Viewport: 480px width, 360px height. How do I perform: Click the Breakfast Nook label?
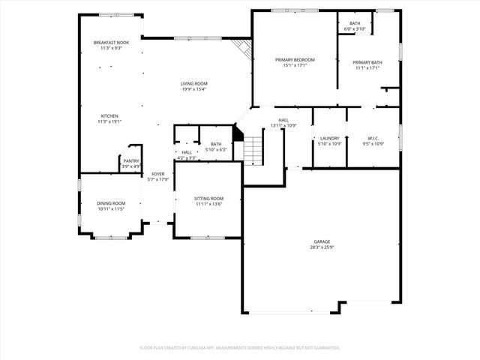[x=111, y=43]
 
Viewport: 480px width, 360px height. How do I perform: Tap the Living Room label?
[x=193, y=83]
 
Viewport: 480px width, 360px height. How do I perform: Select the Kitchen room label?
[x=110, y=115]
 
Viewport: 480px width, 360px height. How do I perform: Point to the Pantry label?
[x=131, y=160]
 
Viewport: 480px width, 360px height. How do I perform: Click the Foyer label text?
[x=158, y=174]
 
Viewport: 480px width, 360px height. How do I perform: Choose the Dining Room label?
[x=110, y=203]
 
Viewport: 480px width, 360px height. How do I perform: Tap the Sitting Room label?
[x=210, y=198]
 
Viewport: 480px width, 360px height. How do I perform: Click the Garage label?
[x=322, y=241]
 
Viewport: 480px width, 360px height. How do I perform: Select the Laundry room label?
[x=330, y=138]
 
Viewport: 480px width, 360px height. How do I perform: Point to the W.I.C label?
[x=373, y=138]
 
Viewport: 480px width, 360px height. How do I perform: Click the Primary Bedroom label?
[x=294, y=59]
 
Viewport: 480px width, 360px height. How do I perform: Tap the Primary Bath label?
[x=367, y=63]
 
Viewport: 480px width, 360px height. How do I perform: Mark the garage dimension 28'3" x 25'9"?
[x=322, y=247]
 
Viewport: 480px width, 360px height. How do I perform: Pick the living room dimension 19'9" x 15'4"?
[x=193, y=89]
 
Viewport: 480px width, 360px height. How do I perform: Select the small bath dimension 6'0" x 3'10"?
[x=355, y=29]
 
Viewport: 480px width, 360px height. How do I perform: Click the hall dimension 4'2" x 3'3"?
[x=187, y=158]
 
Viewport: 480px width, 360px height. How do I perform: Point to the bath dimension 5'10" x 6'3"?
[x=216, y=149]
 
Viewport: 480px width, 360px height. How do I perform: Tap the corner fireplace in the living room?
[x=241, y=47]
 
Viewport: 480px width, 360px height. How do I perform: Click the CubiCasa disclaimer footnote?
[x=240, y=347]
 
